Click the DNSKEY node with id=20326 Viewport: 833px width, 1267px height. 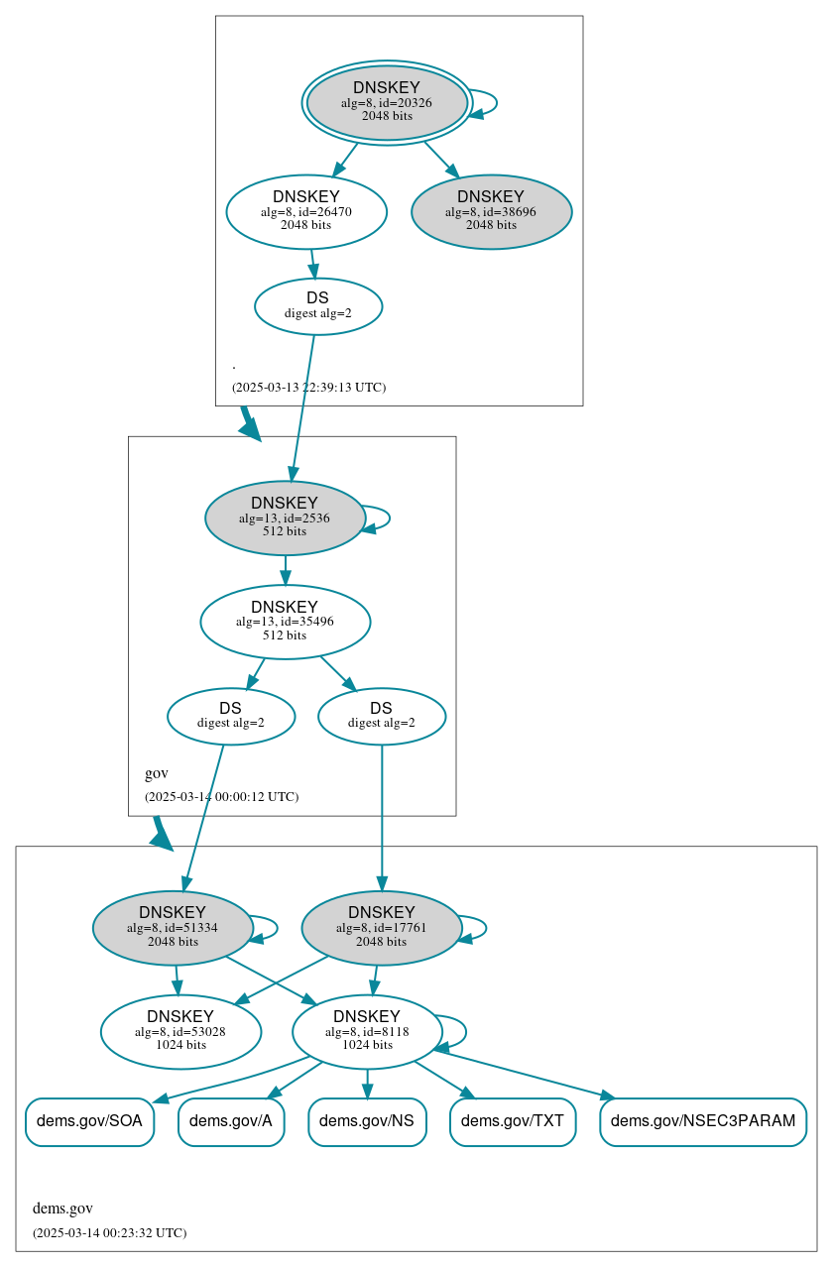point(387,102)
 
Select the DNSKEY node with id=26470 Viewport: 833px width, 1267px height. point(305,210)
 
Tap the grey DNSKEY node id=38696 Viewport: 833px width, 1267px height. point(491,211)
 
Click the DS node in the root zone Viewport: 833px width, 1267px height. point(317,305)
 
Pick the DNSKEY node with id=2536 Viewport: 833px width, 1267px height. point(285,518)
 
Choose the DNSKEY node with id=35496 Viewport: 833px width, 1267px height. point(285,622)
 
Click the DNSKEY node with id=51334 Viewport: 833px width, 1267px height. point(173,928)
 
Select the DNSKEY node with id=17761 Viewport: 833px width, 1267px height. point(381,928)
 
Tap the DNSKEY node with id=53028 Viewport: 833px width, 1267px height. point(180,1031)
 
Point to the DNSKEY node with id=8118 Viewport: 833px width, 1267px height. point(367,1031)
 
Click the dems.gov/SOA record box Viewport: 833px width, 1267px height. point(89,1121)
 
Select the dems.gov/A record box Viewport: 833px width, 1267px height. point(231,1121)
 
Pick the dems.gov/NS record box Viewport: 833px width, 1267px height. point(367,1121)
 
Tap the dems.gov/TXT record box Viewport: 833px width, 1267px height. point(513,1121)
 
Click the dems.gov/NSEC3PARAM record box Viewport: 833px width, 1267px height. point(703,1121)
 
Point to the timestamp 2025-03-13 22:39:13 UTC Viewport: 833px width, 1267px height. point(308,387)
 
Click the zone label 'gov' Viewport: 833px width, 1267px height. point(157,773)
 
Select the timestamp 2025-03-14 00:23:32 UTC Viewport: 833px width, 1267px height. point(109,1232)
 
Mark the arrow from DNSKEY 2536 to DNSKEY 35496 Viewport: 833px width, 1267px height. point(286,569)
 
